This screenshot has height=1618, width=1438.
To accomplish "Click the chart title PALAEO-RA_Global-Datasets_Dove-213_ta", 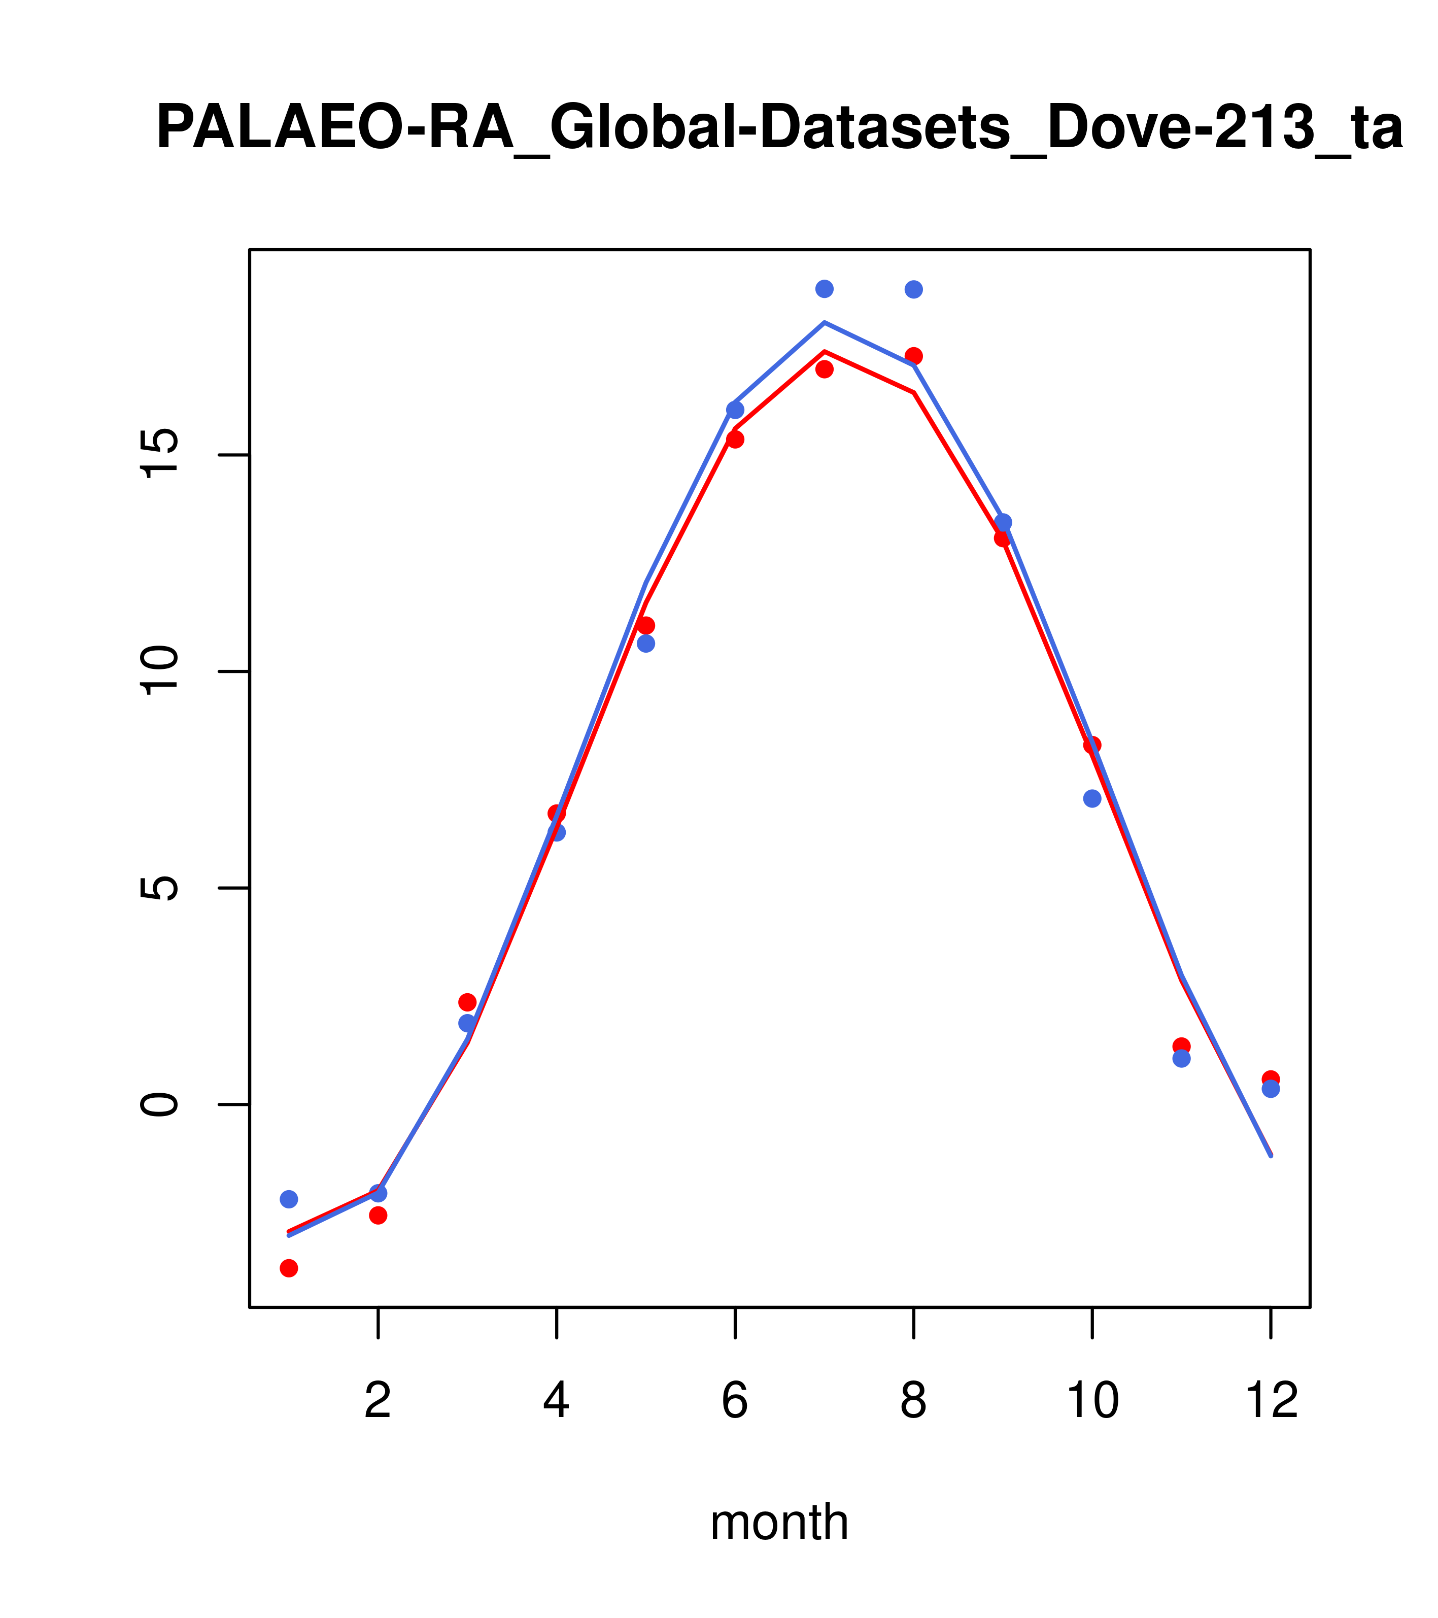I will [779, 128].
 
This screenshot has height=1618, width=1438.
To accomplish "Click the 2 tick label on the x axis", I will [379, 1401].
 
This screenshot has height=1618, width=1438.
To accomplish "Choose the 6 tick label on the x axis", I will [735, 1401].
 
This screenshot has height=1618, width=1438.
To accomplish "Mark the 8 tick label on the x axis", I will [913, 1401].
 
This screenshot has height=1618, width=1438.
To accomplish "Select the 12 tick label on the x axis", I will [1271, 1401].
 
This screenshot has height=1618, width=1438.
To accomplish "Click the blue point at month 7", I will [825, 289].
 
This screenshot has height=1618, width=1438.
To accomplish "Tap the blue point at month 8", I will [913, 290].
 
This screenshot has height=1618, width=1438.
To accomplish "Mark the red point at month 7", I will [825, 369].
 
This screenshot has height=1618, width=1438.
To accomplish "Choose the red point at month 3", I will [468, 1002].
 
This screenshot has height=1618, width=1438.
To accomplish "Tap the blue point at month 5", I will [646, 644].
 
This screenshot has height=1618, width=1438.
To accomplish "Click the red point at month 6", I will [735, 440].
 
